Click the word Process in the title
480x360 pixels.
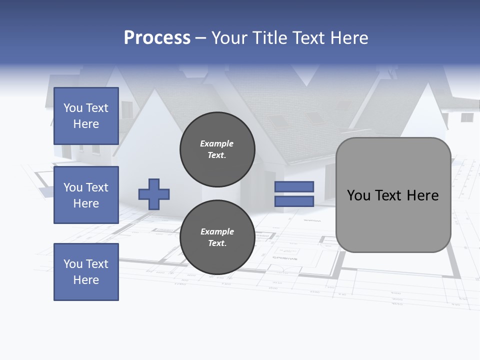click(157, 38)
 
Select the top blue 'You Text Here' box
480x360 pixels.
click(86, 116)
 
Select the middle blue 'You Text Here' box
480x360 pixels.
click(86, 195)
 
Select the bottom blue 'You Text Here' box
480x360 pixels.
click(86, 272)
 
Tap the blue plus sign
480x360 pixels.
click(154, 194)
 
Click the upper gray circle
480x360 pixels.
click(217, 149)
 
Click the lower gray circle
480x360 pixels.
click(217, 237)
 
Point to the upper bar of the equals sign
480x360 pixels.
click(294, 186)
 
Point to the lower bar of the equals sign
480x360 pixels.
click(294, 201)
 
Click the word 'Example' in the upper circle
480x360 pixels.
click(217, 143)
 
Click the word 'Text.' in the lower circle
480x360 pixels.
click(217, 243)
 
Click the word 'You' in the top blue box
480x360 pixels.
click(73, 108)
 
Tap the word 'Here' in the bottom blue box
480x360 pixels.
click(86, 280)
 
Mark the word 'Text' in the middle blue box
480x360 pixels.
click(96, 187)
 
